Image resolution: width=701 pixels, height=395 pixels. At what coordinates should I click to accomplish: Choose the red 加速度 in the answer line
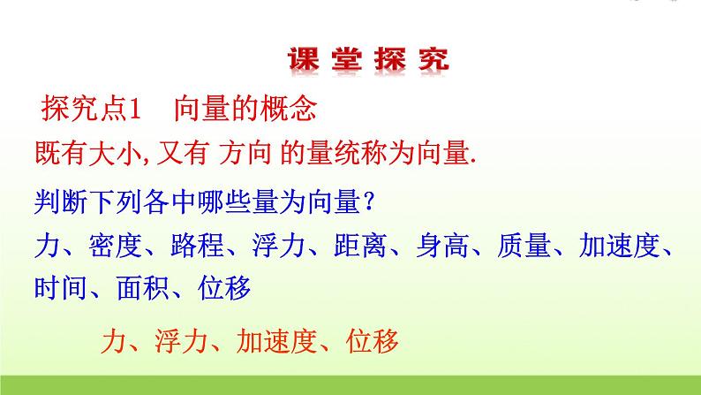pos(283,338)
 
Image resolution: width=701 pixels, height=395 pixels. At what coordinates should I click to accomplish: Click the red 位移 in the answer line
pos(375,338)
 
